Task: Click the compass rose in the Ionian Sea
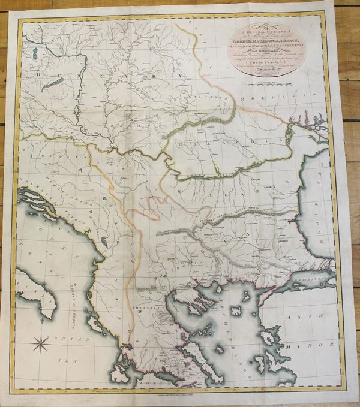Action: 40,343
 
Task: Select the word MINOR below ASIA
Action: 322,345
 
